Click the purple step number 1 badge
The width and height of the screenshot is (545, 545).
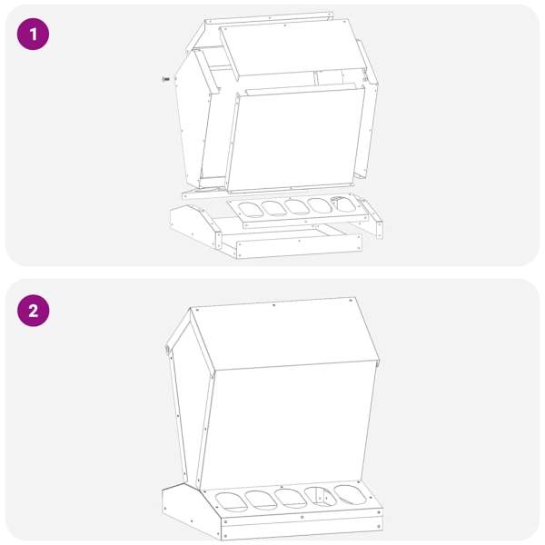click(x=33, y=35)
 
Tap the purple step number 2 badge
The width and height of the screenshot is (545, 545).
click(x=33, y=311)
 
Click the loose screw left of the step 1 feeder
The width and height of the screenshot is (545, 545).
click(x=166, y=79)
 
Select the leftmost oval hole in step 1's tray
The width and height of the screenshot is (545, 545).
click(x=251, y=210)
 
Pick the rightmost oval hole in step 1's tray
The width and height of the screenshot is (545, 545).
click(x=342, y=204)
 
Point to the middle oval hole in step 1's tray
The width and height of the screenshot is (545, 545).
click(x=296, y=206)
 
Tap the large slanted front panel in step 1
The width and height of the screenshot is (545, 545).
click(x=294, y=138)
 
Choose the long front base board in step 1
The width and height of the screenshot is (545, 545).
click(x=299, y=246)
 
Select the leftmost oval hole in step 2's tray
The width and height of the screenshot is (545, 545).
click(x=232, y=502)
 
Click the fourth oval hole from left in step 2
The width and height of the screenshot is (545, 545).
click(x=321, y=496)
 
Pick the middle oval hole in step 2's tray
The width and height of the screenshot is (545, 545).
click(x=291, y=499)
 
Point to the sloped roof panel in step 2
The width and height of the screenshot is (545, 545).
click(x=285, y=334)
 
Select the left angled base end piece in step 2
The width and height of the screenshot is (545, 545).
click(x=191, y=510)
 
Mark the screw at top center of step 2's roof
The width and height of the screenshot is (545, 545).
click(x=274, y=305)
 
